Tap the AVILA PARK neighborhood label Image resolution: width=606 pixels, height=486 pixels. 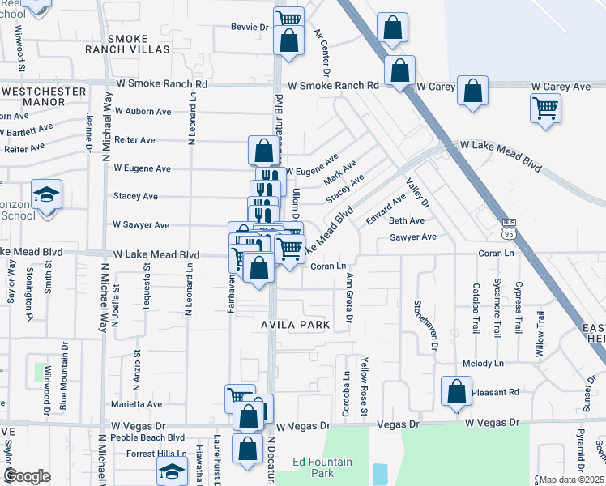coord(296,325)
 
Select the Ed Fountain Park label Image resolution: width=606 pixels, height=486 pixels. coord(322,467)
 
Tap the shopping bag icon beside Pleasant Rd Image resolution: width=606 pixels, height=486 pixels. coord(457,391)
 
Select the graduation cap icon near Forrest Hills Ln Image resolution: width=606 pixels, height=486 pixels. coord(173,471)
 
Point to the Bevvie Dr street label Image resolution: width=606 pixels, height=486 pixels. coord(250,27)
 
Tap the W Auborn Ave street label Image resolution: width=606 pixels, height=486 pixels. coord(143,111)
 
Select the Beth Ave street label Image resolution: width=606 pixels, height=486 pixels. coord(407,220)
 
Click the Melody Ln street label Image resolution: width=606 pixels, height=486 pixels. coord(483,364)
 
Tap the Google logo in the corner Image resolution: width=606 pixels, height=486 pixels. coord(27,476)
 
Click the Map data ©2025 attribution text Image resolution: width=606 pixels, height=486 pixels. coord(571,480)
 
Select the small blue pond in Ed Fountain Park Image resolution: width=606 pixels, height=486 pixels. coord(380,472)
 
